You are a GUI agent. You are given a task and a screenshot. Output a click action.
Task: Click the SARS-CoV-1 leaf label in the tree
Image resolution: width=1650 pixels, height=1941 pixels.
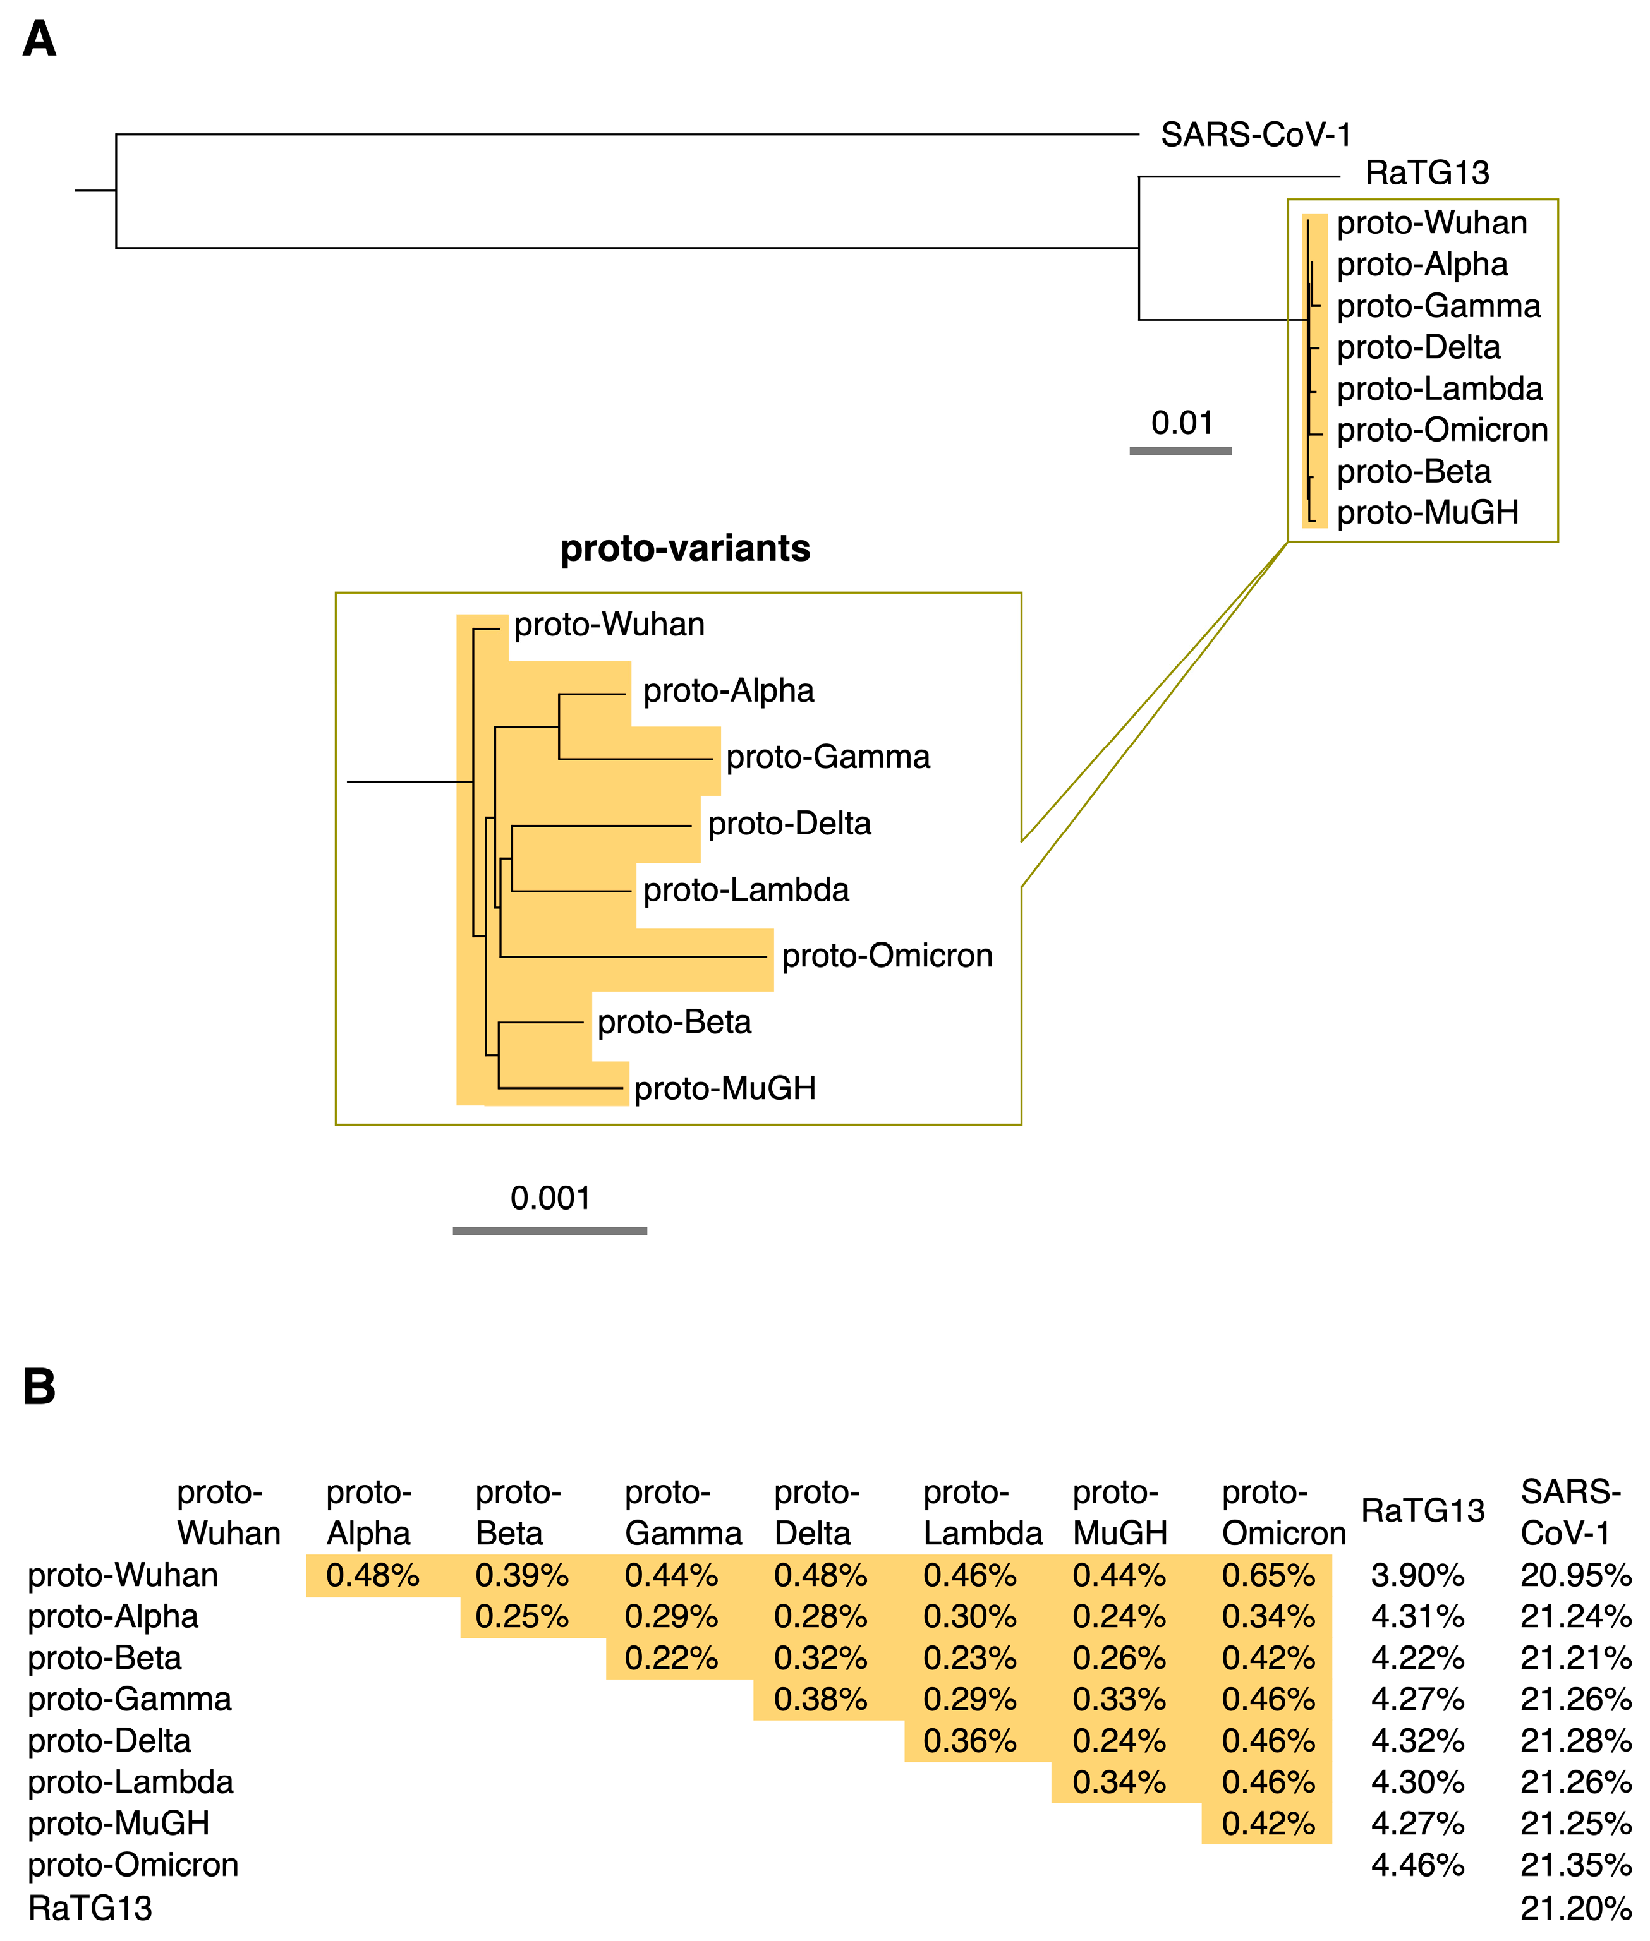(1255, 136)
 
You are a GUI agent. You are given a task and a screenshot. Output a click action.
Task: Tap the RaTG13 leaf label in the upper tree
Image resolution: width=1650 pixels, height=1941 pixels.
(1426, 173)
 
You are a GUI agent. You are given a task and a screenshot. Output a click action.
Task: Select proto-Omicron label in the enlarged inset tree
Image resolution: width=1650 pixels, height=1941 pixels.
(887, 956)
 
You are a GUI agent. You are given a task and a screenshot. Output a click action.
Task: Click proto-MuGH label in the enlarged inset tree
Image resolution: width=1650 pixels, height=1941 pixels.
(725, 1088)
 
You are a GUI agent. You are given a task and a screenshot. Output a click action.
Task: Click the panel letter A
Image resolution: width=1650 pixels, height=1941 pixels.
(39, 39)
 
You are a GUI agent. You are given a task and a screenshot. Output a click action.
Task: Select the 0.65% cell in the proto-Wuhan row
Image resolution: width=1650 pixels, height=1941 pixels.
(1268, 1575)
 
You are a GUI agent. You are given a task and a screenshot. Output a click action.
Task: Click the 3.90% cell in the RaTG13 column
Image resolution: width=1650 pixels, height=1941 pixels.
(1417, 1575)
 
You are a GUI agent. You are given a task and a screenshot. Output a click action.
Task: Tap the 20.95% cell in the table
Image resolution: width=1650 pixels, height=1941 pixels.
(1575, 1575)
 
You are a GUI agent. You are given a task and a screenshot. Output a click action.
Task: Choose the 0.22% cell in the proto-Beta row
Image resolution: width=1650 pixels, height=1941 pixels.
(670, 1657)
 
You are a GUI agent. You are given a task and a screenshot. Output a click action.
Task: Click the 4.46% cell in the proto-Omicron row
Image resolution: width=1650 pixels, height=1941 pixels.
(1417, 1865)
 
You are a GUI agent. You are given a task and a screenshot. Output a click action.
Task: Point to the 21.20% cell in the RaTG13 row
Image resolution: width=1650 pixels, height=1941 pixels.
(1575, 1908)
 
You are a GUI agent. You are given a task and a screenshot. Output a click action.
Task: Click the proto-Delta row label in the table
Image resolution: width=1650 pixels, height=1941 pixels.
(109, 1740)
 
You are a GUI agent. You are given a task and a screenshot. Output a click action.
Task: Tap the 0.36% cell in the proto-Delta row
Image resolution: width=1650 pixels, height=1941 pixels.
(969, 1740)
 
